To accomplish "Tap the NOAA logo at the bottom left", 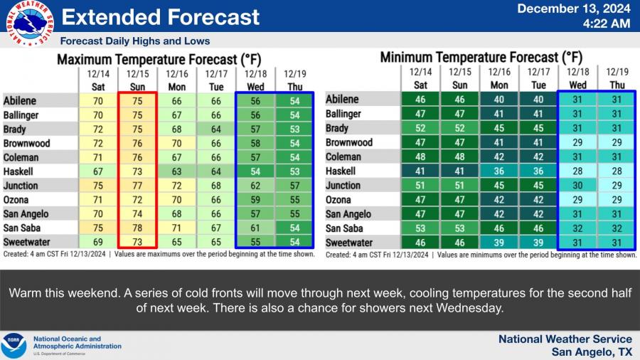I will tap(14, 345).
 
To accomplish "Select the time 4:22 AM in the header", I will tap(607, 23).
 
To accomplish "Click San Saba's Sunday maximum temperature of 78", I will tap(137, 228).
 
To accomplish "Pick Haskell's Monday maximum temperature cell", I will tap(176, 171).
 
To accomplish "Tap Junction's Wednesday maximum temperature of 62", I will tap(255, 185).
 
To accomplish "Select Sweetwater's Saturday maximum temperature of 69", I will tap(97, 242).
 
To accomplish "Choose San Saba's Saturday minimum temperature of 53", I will tap(421, 228).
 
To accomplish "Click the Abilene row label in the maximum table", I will tap(20, 100).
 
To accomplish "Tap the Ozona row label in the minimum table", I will tap(338, 200).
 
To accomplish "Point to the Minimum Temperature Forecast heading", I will tap(481, 57).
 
